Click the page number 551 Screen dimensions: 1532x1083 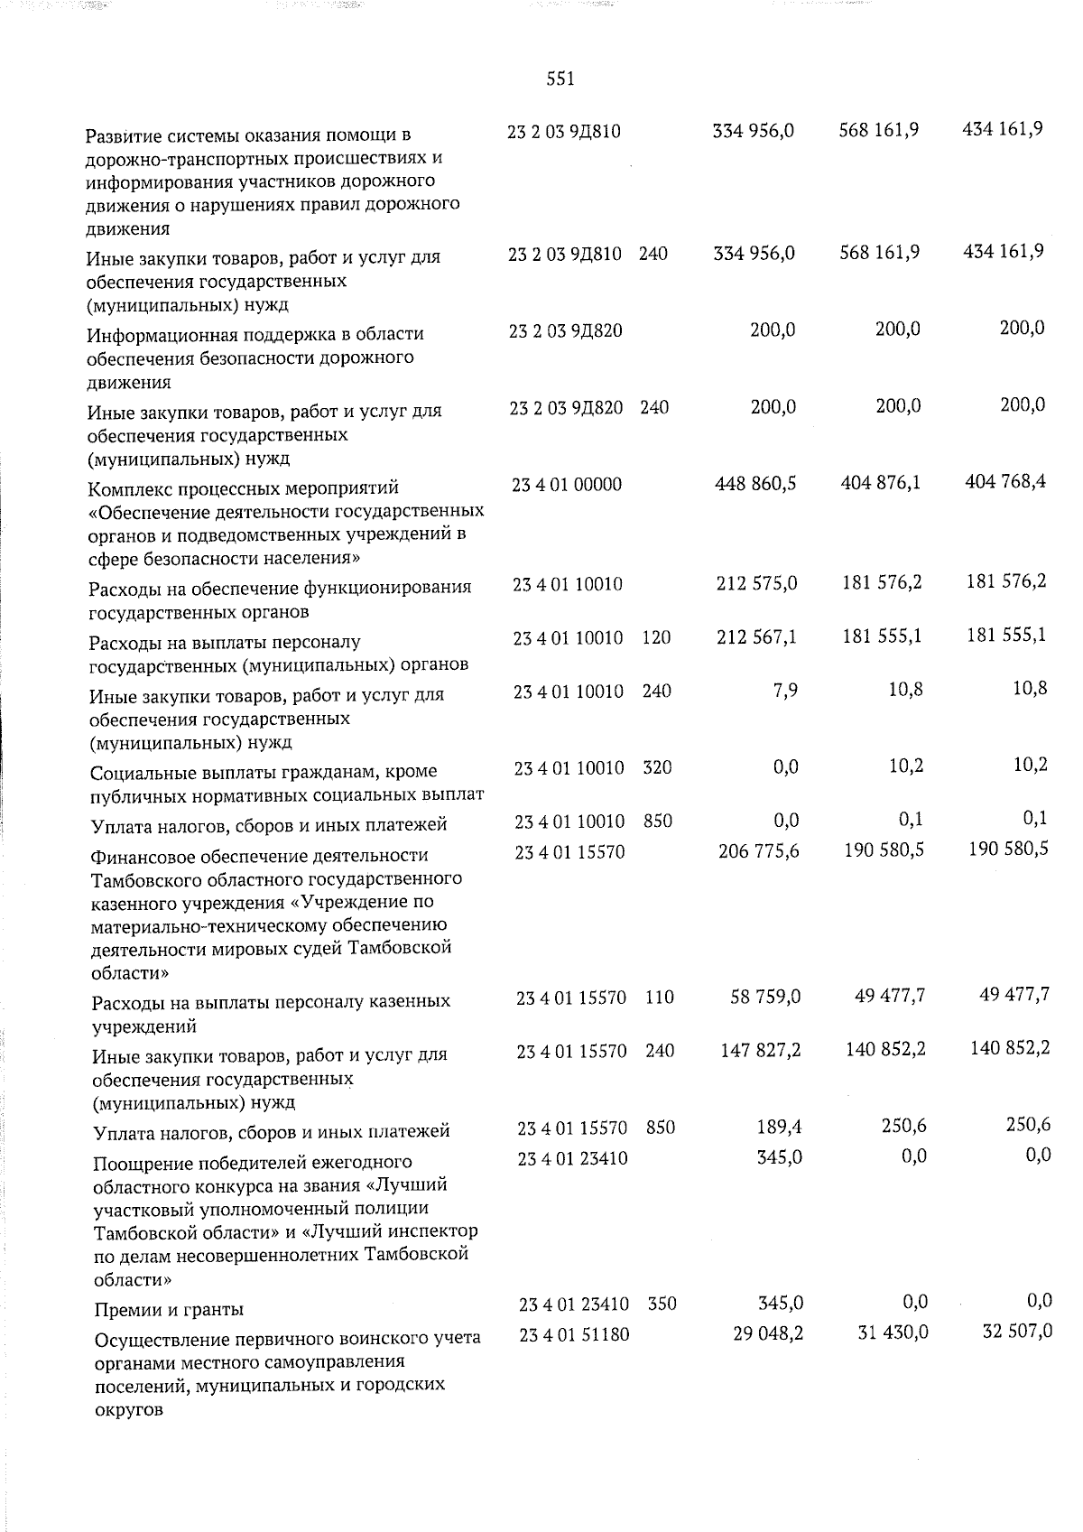point(560,79)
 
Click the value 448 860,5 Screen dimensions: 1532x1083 point(754,484)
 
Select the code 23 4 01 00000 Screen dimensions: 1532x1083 point(567,485)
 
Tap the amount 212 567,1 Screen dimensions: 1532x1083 point(754,637)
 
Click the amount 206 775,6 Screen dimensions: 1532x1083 point(756,850)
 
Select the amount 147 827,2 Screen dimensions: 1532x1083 point(757,1051)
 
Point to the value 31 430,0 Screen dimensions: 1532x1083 point(892,1332)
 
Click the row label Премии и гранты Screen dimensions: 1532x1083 point(170,1309)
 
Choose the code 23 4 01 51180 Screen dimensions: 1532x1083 point(574,1333)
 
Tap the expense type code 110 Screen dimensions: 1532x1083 point(660,998)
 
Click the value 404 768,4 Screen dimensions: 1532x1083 point(1004,482)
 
